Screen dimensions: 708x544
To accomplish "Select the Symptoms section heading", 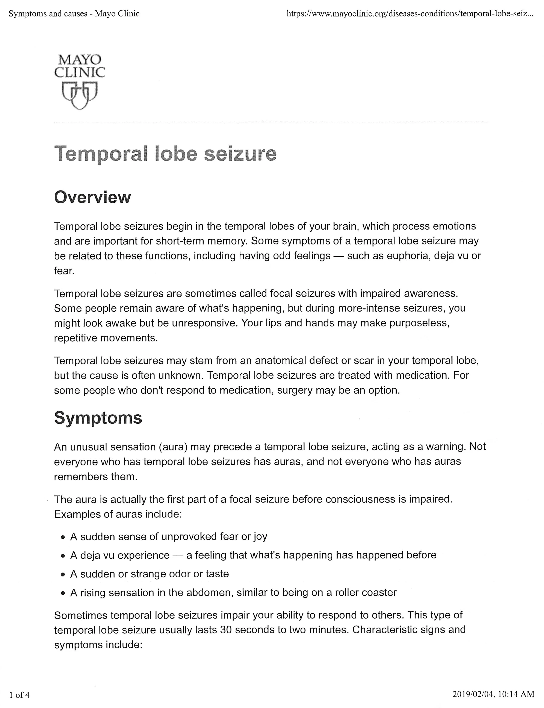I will tap(98, 418).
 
